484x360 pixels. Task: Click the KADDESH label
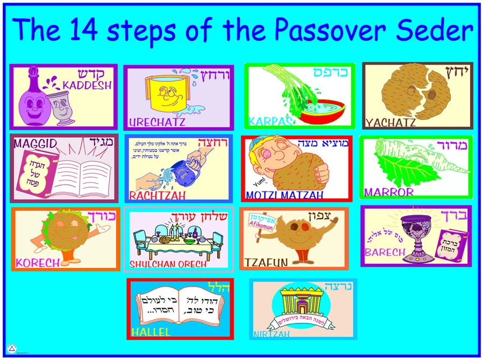pos(87,85)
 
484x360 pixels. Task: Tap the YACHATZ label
pos(390,123)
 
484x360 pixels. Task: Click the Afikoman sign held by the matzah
pos(262,222)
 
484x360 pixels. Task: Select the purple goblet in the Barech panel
pos(414,237)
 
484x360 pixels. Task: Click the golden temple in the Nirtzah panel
pos(303,305)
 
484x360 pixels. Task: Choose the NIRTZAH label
pos(272,334)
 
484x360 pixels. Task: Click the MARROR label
pos(389,192)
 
